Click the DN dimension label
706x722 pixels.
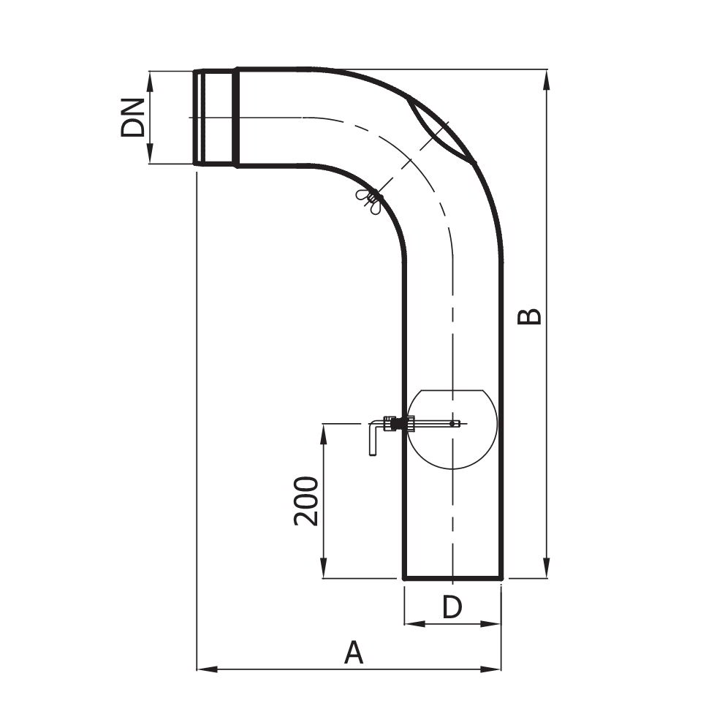tap(132, 118)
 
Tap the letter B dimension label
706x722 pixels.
tap(529, 316)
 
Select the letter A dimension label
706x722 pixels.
tap(354, 652)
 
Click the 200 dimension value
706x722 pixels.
tap(305, 501)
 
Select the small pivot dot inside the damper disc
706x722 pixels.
tap(452, 423)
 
